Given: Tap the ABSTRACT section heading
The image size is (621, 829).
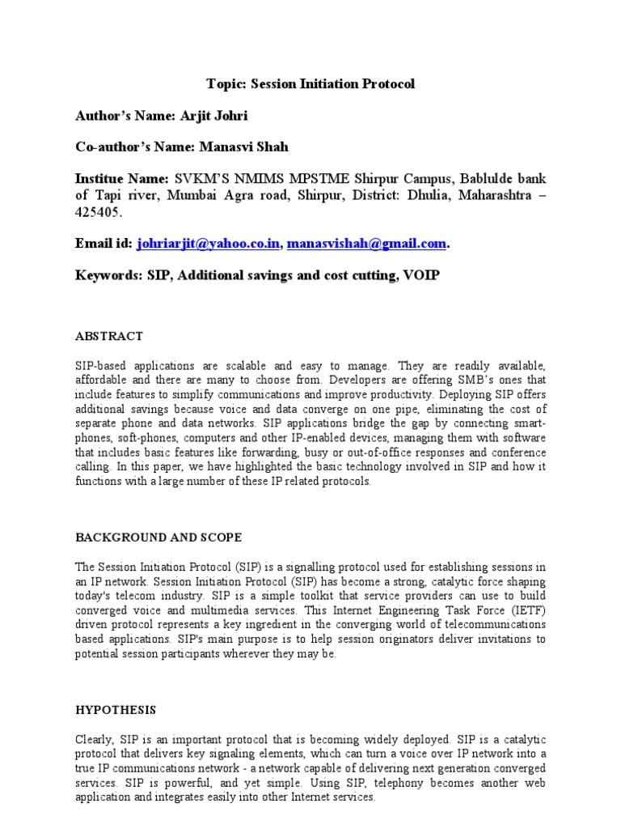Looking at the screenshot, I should [x=109, y=336].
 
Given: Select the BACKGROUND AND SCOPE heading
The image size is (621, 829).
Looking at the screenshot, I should [x=158, y=538].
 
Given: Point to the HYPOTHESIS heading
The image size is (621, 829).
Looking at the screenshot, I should [x=115, y=710].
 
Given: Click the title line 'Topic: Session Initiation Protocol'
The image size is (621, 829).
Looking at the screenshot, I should [x=310, y=83].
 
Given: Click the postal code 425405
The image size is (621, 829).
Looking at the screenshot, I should [x=99, y=212].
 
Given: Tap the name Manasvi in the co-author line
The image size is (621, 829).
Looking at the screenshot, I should [x=224, y=147].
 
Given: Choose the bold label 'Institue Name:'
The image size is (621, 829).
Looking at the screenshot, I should [x=122, y=178].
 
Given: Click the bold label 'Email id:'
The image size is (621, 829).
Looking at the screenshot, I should [x=103, y=244].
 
